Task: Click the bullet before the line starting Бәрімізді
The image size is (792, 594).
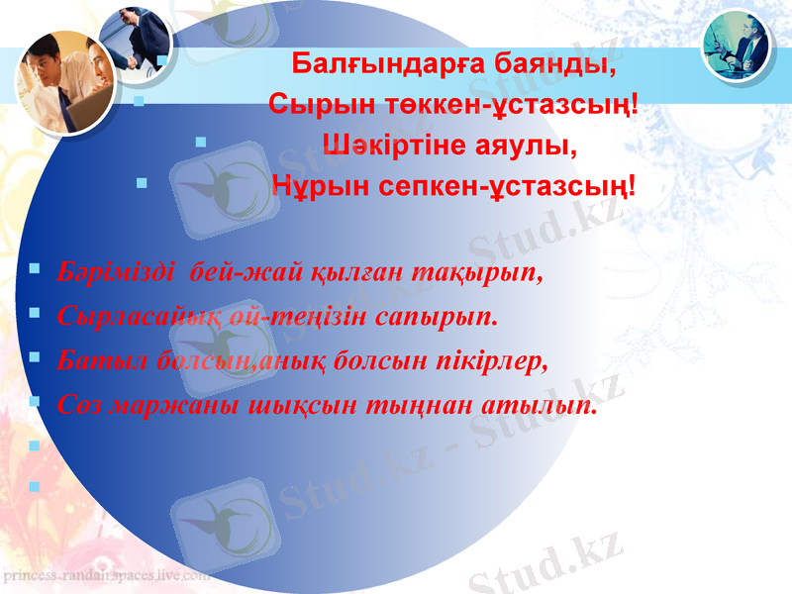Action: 36,268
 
